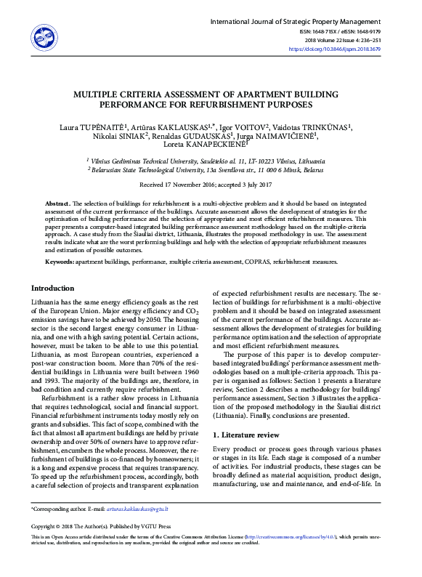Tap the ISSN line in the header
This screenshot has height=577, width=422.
(x=356, y=31)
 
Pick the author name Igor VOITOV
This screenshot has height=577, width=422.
(x=245, y=126)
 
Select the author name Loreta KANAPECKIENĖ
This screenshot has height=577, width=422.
(x=211, y=145)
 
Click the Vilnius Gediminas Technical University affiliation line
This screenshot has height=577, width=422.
(x=207, y=160)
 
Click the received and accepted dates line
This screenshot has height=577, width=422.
(x=211, y=185)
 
